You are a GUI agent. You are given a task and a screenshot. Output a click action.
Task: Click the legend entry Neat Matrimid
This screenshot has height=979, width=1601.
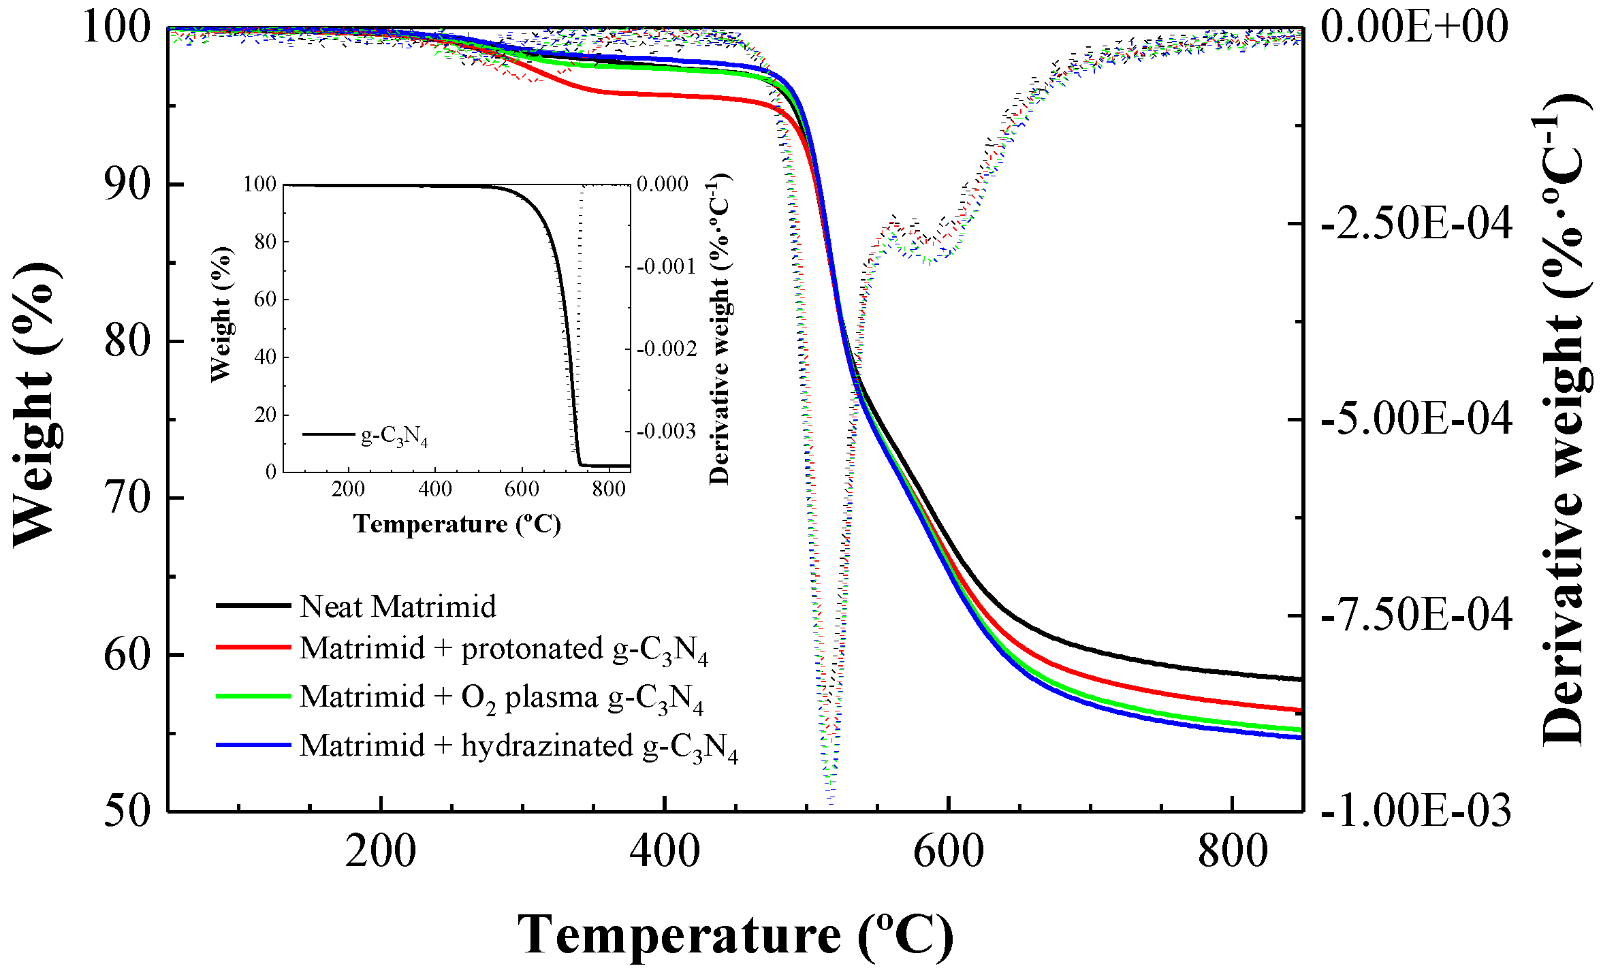[x=398, y=606]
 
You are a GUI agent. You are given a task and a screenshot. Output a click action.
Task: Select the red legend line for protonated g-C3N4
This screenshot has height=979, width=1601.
[x=253, y=647]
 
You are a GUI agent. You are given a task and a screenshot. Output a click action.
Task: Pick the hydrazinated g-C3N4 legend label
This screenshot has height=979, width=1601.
[x=518, y=746]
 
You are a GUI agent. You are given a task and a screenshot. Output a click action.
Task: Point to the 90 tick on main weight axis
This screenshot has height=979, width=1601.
[x=127, y=184]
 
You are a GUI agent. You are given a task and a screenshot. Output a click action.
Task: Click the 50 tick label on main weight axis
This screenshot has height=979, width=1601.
[x=127, y=810]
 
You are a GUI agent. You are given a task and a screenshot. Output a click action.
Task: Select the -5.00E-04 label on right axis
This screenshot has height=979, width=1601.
[x=1416, y=418]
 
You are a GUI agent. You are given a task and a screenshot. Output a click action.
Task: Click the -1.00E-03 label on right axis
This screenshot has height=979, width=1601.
[x=1416, y=810]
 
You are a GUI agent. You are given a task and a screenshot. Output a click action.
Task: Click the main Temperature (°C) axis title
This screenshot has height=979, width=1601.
[x=735, y=935]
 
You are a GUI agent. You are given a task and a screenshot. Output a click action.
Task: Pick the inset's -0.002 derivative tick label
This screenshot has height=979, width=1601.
[x=667, y=349]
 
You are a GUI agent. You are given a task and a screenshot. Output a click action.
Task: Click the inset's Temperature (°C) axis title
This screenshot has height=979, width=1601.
[x=457, y=524]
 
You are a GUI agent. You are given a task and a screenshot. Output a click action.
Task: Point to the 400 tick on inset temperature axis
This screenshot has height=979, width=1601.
[x=435, y=489]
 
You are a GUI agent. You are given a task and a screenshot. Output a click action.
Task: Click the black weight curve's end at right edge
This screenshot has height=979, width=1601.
[x=1299, y=679]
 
